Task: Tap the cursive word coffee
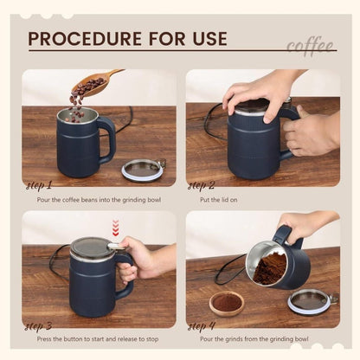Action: [308, 45]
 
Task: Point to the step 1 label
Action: [40, 185]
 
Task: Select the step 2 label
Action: [202, 185]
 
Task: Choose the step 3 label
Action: [40, 326]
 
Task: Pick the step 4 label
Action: [202, 326]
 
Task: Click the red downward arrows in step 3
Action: [116, 228]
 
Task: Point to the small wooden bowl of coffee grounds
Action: [227, 303]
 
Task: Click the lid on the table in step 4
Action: [310, 300]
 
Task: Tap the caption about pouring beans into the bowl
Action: [100, 198]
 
